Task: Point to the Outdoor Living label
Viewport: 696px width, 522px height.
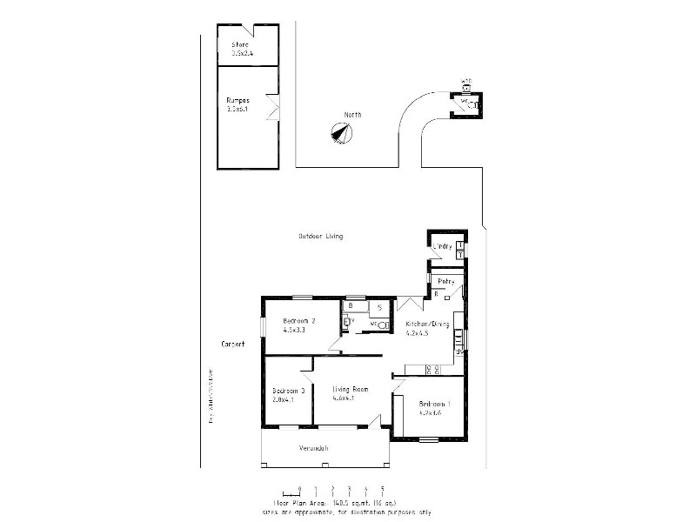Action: (x=320, y=236)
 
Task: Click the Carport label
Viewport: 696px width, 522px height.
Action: (x=233, y=344)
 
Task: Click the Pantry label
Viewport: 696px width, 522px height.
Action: (x=446, y=281)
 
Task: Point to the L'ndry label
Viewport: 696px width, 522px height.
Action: (x=444, y=246)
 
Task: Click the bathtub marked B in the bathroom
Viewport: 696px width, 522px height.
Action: (x=351, y=306)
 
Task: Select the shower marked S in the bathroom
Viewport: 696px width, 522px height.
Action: (x=380, y=307)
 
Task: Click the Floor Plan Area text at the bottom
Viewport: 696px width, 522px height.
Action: (x=334, y=503)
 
